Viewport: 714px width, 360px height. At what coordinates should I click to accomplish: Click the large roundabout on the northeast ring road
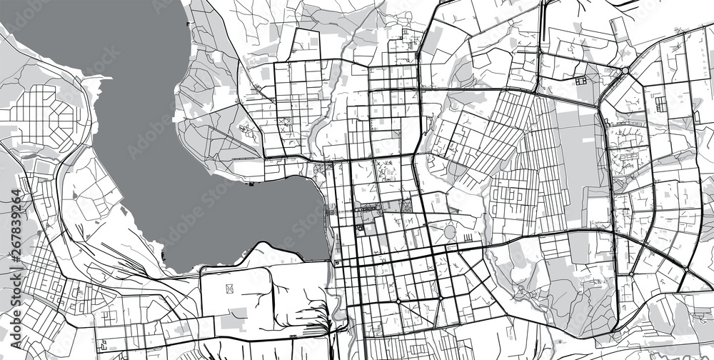[x=625, y=71]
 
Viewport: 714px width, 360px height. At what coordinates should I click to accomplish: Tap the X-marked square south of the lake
[x=230, y=289]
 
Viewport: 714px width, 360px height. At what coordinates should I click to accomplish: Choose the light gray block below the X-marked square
[x=230, y=322]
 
